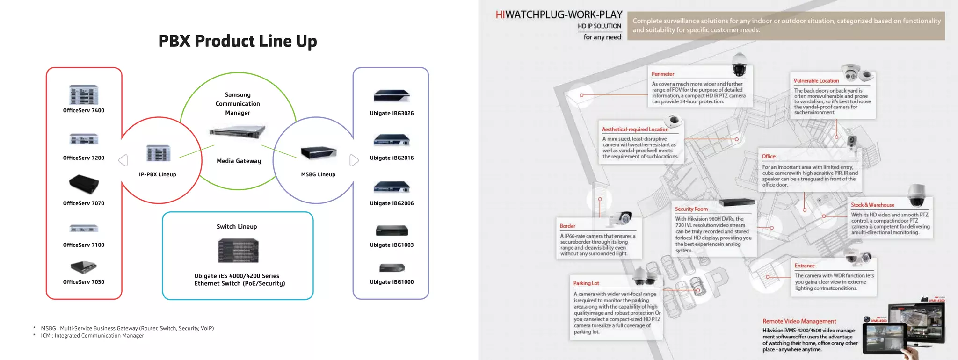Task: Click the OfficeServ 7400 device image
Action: click(84, 94)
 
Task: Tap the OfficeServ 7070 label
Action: click(84, 203)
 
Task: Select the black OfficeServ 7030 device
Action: click(84, 267)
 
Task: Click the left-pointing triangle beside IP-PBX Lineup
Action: click(123, 160)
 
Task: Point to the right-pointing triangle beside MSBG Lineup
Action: click(354, 160)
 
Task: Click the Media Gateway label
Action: click(239, 161)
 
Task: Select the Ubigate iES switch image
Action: click(238, 250)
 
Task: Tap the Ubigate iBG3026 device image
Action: click(392, 96)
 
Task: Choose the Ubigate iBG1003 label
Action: click(392, 245)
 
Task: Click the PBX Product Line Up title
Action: click(238, 41)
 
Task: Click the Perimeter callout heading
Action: click(663, 74)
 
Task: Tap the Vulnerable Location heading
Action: click(816, 81)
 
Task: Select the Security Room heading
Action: click(691, 209)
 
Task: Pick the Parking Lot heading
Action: click(586, 283)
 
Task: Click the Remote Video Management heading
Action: click(799, 321)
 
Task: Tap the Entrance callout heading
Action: click(804, 266)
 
